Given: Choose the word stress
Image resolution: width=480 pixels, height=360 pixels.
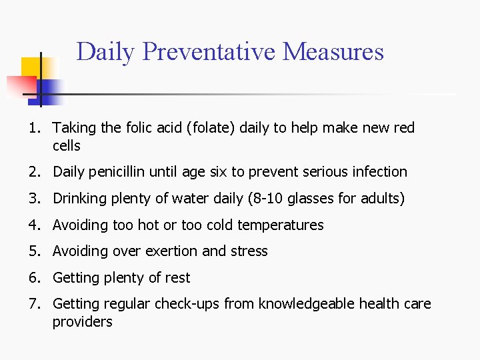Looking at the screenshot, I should pyautogui.click(x=249, y=251).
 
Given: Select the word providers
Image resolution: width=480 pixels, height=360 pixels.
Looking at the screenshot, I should pyautogui.click(x=83, y=322).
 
